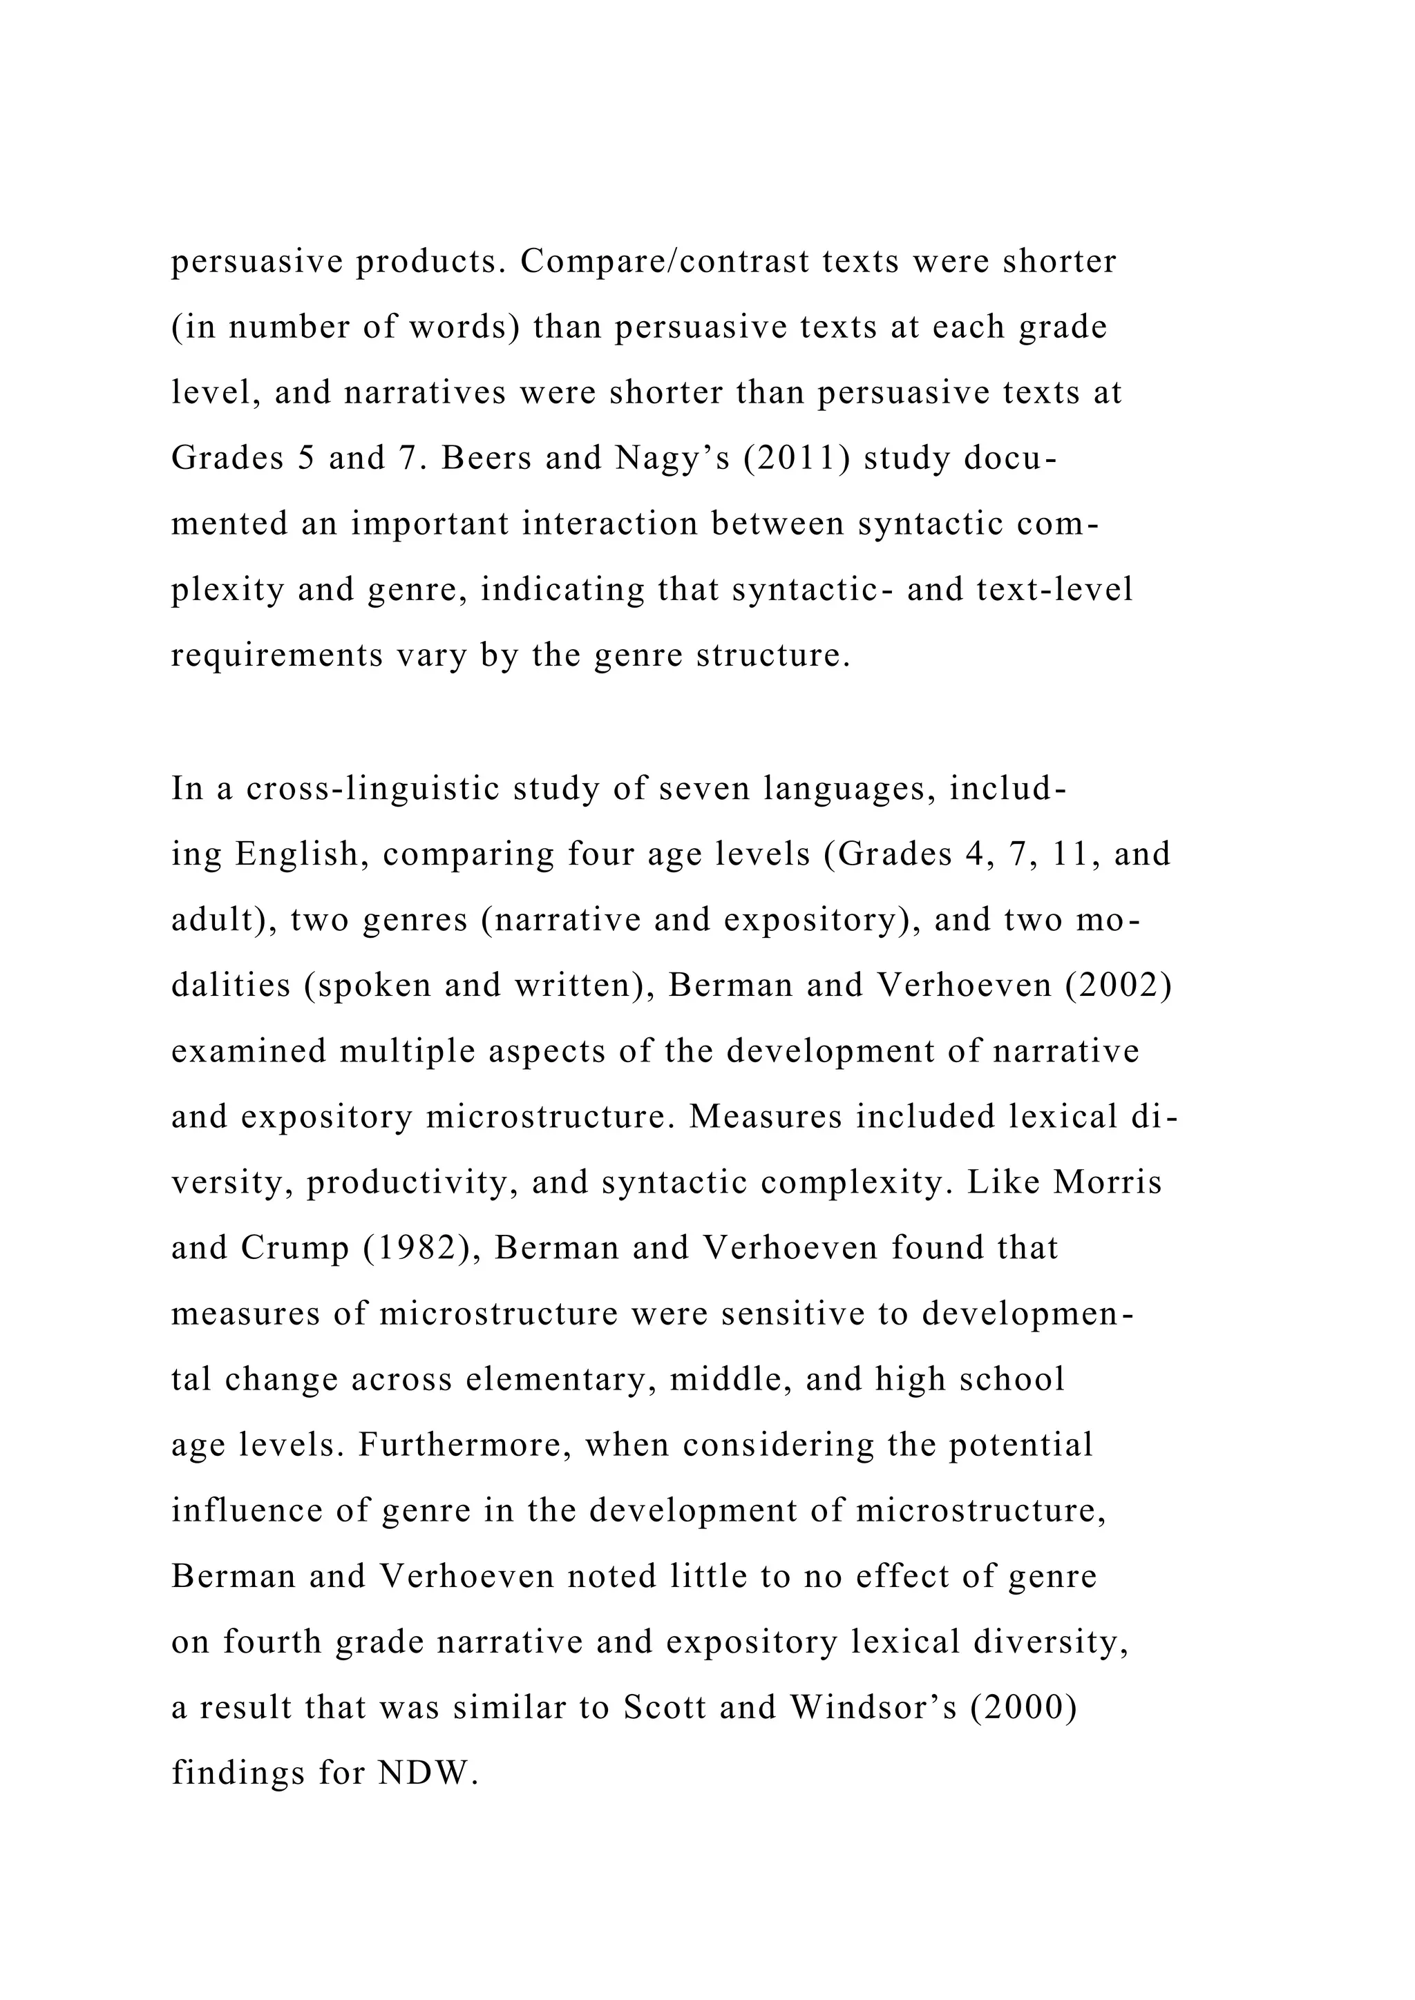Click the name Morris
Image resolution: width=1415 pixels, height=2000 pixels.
1108,1182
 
